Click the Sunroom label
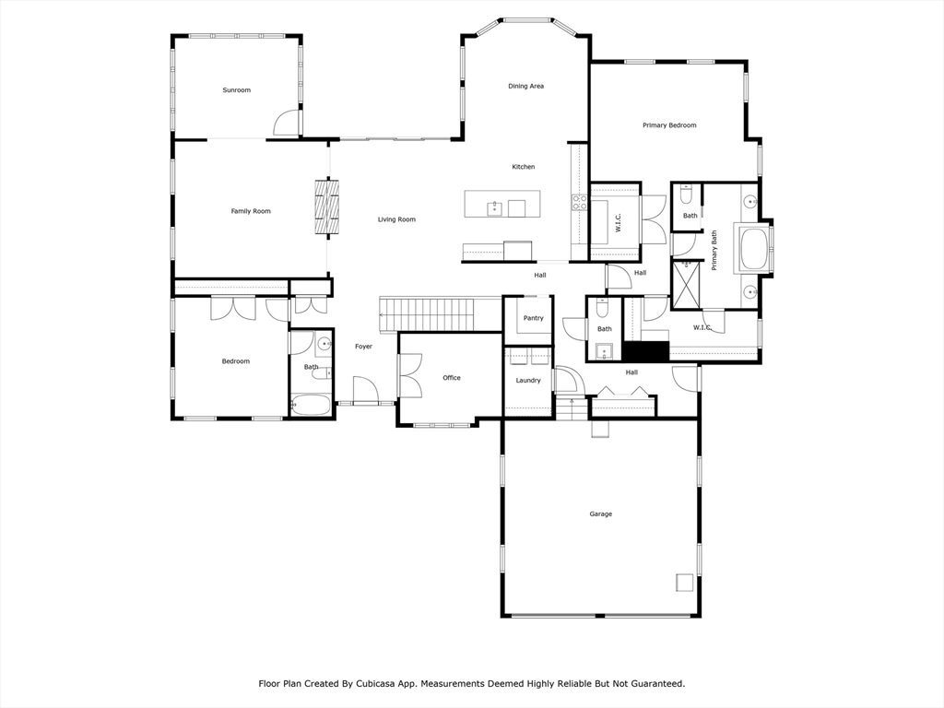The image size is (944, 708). click(237, 90)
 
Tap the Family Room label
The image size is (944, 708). click(251, 211)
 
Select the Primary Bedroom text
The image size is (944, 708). click(669, 125)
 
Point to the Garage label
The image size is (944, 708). click(601, 514)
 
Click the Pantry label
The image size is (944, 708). click(534, 318)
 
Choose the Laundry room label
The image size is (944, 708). click(528, 381)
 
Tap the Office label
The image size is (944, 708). click(452, 378)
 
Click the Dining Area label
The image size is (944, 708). click(526, 86)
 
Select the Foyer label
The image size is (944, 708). click(363, 347)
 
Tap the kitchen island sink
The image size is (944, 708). click(494, 208)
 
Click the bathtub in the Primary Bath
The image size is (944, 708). click(751, 248)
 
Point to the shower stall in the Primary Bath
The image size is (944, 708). click(687, 284)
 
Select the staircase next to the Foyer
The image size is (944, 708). click(441, 313)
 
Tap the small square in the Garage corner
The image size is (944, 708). click(685, 583)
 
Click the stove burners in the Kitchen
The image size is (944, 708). click(579, 202)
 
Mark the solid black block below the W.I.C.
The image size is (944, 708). click(646, 351)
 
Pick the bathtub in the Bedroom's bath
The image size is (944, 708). click(312, 405)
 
